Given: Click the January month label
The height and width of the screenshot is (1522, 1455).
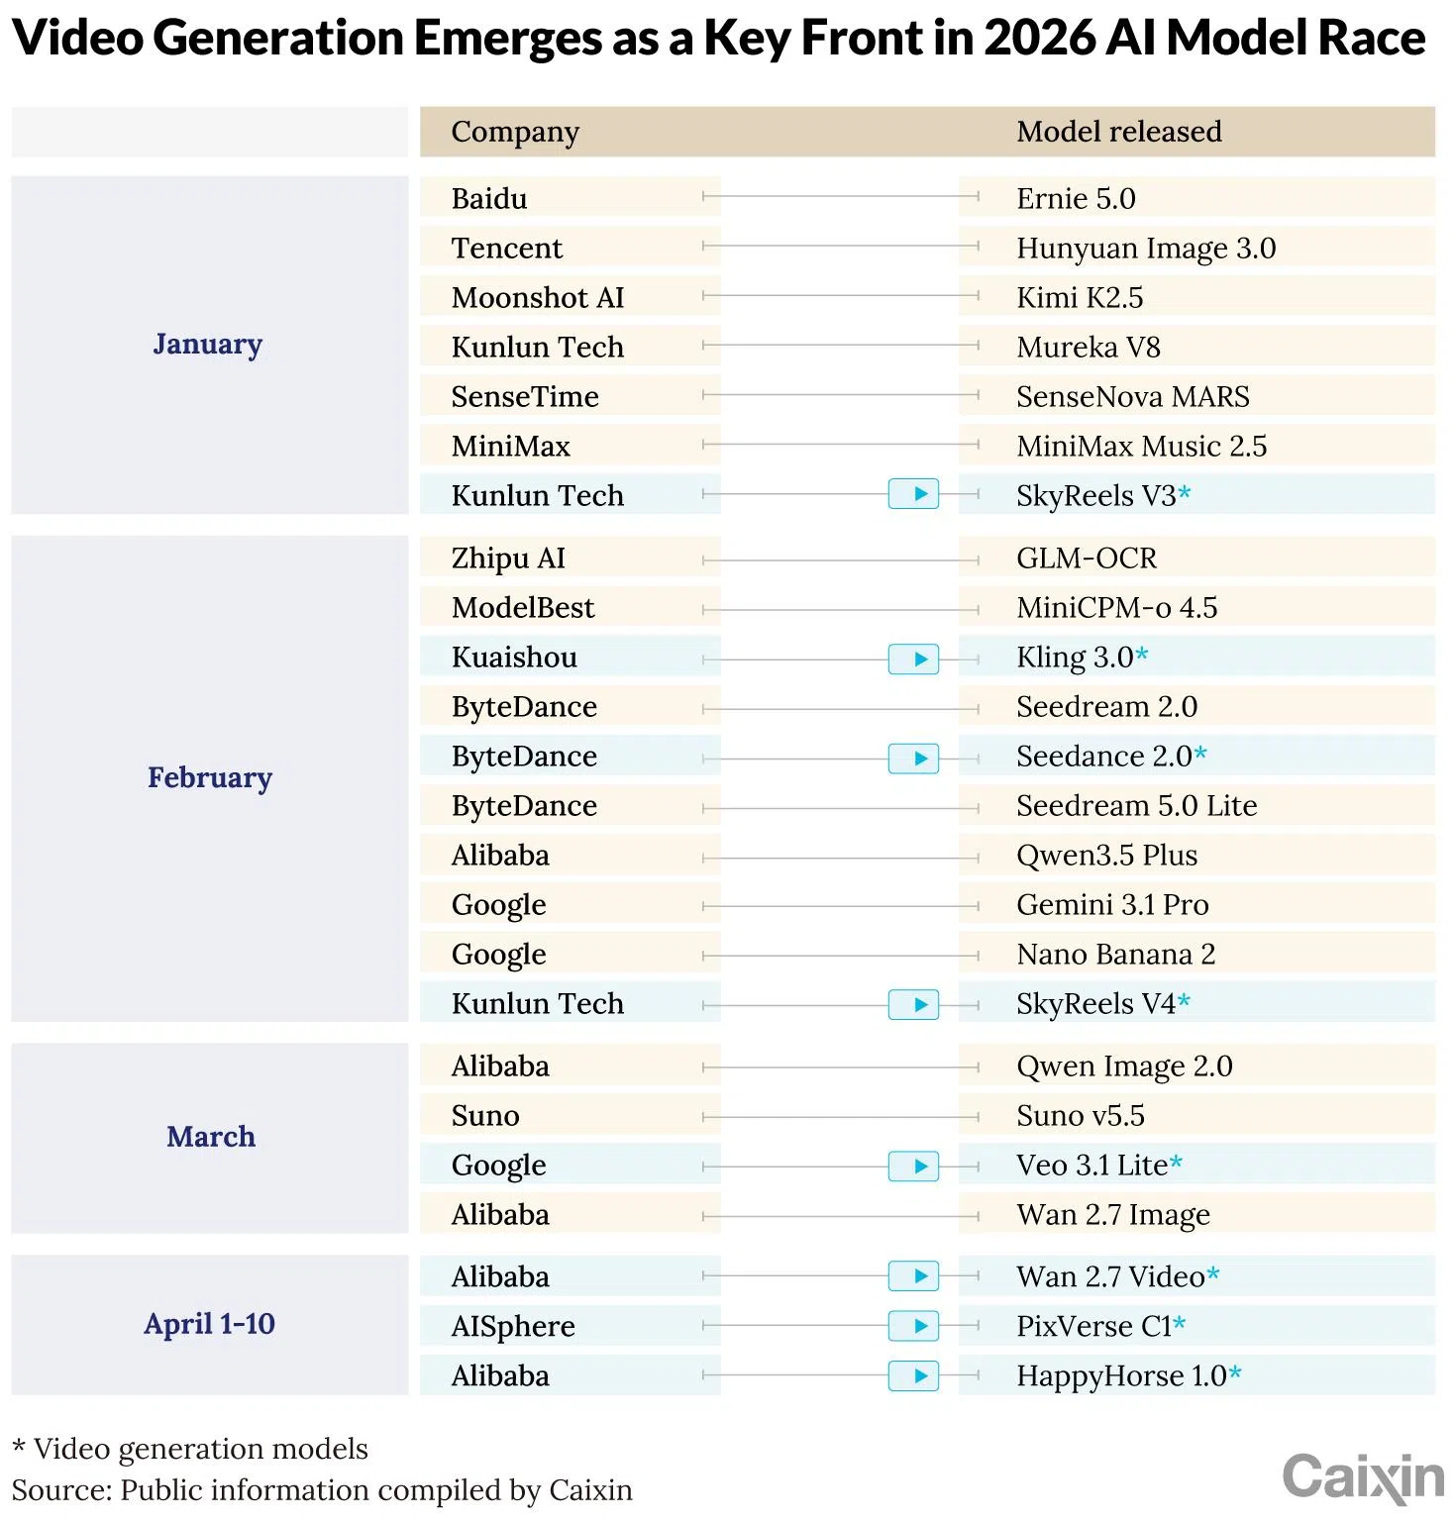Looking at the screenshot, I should [208, 344].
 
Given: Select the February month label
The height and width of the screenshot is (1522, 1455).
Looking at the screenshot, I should [210, 777].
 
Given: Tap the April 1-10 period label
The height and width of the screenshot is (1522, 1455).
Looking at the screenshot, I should [209, 1324].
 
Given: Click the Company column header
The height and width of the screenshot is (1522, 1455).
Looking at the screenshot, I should [515, 132].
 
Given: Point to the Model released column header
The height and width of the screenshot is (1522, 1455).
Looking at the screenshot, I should [1118, 132].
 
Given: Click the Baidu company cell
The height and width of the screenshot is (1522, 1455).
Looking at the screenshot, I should [489, 198].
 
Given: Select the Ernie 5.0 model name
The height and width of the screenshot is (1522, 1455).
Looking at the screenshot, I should [1076, 198].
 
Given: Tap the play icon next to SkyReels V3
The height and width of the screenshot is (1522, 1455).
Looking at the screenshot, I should [913, 493].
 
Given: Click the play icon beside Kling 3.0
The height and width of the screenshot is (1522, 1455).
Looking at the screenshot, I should [913, 659].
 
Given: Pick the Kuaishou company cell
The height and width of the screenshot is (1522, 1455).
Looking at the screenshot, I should [514, 658].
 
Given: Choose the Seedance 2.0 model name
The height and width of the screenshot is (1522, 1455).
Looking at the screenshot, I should [1103, 757].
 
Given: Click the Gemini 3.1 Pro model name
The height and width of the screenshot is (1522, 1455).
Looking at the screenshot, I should [1112, 905].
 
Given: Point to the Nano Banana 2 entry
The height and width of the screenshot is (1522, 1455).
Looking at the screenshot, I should [1115, 955].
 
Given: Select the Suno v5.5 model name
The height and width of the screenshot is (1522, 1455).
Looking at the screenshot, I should [1080, 1116].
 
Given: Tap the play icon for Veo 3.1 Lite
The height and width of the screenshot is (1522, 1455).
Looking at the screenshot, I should [913, 1167].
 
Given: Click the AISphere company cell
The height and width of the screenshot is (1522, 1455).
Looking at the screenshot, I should [513, 1327].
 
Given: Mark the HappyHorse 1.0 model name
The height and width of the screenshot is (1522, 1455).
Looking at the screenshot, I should [1121, 1376].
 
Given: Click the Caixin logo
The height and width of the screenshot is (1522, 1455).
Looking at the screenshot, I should [1363, 1477].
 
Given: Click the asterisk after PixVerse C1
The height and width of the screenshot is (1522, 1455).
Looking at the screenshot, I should [1180, 1323].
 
